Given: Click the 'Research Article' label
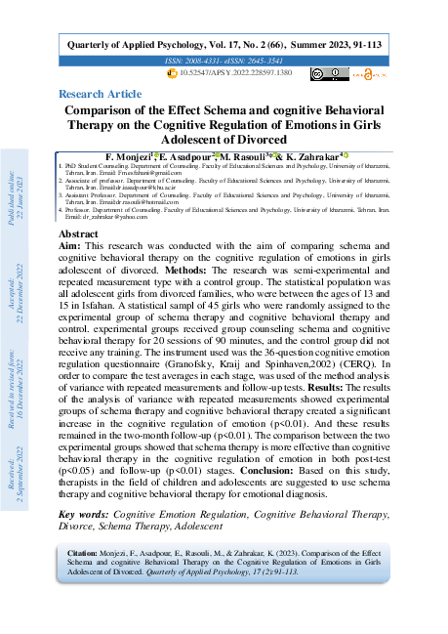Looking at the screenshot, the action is [x=100, y=94].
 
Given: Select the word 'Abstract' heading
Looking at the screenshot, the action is [x=78, y=235].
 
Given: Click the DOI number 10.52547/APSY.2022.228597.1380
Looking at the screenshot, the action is [x=234, y=73].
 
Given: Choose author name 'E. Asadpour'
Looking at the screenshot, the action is [x=183, y=156].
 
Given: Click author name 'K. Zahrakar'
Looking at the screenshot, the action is [x=309, y=156].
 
